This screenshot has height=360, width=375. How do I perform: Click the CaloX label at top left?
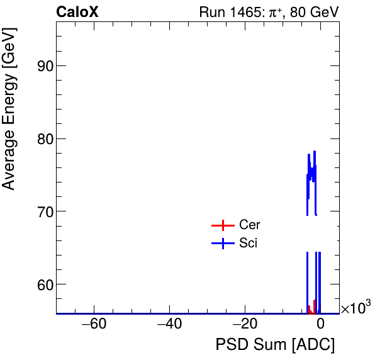tap(77, 12)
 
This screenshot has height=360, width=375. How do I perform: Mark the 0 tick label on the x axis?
tap(320, 325)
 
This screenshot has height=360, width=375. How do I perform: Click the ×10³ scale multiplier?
tap(355, 308)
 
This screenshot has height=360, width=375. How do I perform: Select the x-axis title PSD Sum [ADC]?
tap(275, 346)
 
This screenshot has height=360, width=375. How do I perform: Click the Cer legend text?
tap(249, 225)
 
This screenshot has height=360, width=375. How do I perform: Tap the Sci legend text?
tap(248, 243)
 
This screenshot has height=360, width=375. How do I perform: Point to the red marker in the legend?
tap(222, 225)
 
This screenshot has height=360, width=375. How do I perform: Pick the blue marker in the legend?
tap(222, 244)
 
